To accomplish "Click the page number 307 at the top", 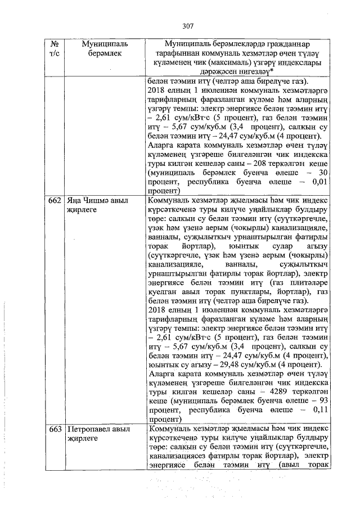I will pos(188,25).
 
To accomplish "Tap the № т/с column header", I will pos(55,48).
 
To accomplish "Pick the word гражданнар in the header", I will pos(286,44).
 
